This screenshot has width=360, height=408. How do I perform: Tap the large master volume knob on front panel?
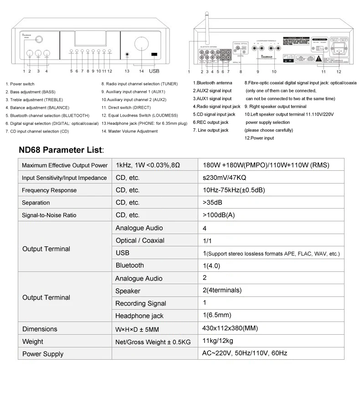point(141,44)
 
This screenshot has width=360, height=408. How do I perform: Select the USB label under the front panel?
point(154,71)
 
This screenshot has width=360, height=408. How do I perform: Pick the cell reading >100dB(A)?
point(219,215)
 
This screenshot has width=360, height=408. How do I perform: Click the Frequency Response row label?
point(49,190)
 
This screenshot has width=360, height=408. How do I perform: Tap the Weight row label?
point(33,342)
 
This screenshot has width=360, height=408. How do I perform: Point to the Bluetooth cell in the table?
point(130,265)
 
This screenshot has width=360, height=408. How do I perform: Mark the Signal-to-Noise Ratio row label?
point(49,215)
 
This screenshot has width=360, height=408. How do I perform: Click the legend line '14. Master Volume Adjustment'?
point(129,131)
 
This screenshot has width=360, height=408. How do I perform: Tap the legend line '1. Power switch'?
point(20,84)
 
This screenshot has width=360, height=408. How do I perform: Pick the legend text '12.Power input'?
point(259,138)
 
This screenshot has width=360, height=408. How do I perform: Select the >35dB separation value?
point(213,203)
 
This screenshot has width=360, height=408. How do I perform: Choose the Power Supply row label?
point(43,354)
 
